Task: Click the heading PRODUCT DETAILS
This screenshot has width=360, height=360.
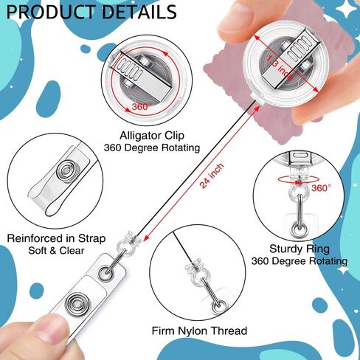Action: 91,12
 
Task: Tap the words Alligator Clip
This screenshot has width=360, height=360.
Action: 152,136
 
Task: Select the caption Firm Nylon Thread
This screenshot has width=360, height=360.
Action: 199,330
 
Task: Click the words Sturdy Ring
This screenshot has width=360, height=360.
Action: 300,249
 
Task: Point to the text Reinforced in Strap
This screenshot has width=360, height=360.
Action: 56,238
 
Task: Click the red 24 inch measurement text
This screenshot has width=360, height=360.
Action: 212,176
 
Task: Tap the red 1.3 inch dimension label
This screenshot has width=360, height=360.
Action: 280,68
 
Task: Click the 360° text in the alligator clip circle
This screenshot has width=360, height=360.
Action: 140,107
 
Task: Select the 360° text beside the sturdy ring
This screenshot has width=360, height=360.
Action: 321,188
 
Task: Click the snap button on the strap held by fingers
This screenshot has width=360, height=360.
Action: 76,304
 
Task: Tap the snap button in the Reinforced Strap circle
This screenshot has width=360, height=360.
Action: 66,170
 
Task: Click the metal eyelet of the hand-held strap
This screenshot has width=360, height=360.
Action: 106,273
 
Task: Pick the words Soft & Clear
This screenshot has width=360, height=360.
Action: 56,251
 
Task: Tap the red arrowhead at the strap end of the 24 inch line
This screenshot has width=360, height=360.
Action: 147,238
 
